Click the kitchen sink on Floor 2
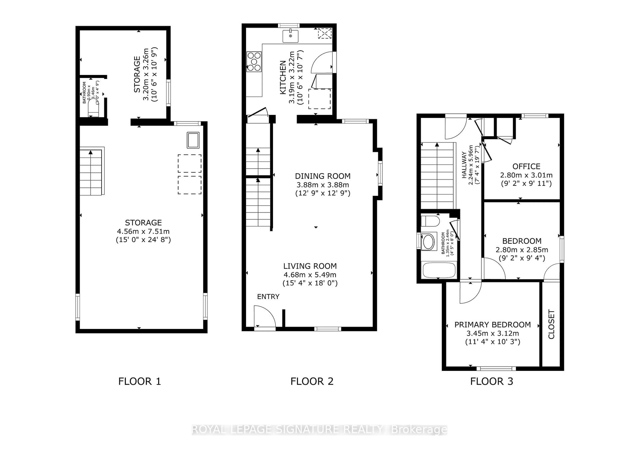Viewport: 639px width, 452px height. click(290, 36)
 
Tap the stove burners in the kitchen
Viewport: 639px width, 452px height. click(254, 62)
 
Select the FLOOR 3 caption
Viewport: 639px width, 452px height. click(492, 381)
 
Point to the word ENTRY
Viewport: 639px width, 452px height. click(268, 297)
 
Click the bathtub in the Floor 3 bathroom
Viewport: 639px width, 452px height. click(439, 270)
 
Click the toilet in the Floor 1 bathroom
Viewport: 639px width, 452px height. click(93, 109)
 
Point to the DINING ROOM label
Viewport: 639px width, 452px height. click(322, 176)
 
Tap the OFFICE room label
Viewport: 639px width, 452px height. click(526, 166)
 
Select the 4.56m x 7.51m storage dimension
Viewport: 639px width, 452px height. click(143, 231)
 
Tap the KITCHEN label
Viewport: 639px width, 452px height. click(283, 77)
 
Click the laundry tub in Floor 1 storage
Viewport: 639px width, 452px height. click(193, 140)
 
